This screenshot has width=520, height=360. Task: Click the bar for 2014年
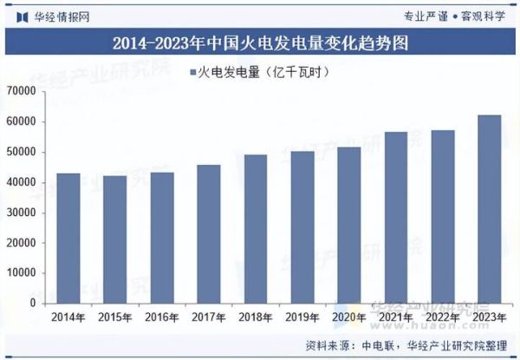(x=68, y=239)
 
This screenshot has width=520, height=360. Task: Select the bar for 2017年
(x=209, y=234)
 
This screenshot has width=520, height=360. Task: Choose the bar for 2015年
(x=114, y=240)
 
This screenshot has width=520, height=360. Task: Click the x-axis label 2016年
(x=161, y=317)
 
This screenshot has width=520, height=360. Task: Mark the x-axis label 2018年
(x=256, y=317)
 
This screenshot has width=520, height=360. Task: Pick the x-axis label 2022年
(x=443, y=317)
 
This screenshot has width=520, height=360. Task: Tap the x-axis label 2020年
(x=349, y=317)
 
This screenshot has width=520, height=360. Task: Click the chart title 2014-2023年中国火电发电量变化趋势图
(x=260, y=42)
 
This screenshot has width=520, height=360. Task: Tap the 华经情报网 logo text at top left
(x=60, y=15)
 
